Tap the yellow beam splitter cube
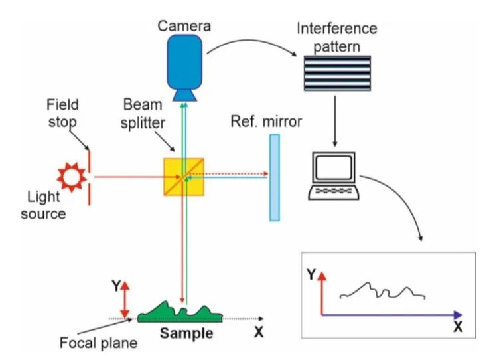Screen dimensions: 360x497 pos(184,177)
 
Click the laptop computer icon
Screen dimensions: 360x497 pos(334,177)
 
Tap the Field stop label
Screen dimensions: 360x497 pos(62,113)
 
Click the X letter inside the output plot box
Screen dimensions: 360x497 pos(457,327)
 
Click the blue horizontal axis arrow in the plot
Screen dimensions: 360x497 pos(391,313)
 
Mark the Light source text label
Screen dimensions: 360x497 pos(46,205)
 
